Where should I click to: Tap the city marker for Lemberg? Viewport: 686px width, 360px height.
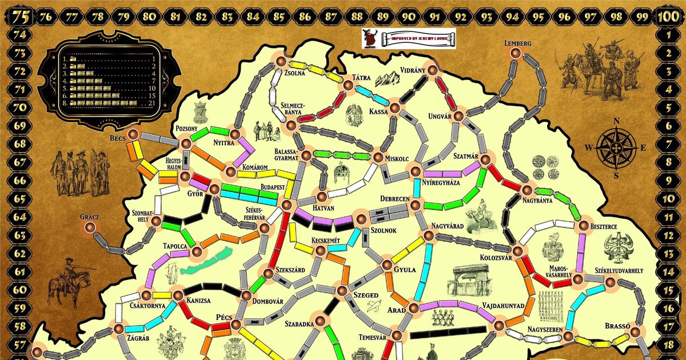516,53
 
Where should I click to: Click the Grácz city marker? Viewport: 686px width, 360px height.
90,227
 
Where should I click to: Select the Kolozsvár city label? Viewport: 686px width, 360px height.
496,258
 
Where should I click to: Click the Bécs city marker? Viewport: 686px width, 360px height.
133,134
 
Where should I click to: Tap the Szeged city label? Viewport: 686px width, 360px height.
365,295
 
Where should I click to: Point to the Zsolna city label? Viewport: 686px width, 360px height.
295,73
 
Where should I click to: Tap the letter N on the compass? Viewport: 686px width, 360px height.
616,121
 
